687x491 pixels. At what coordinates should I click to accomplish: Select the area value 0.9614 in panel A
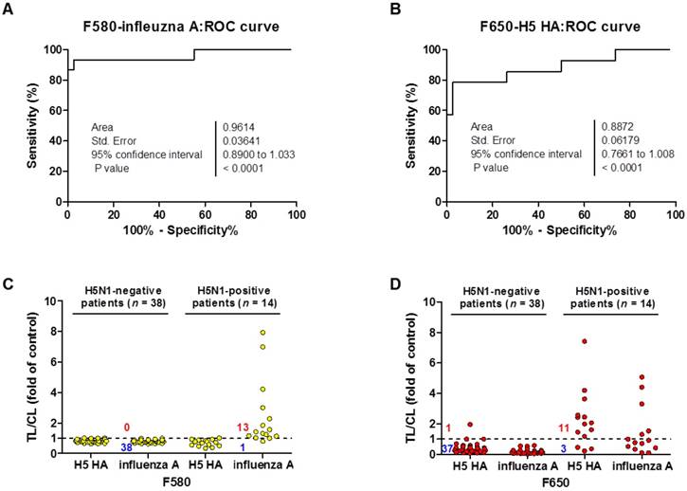[x=236, y=125]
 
